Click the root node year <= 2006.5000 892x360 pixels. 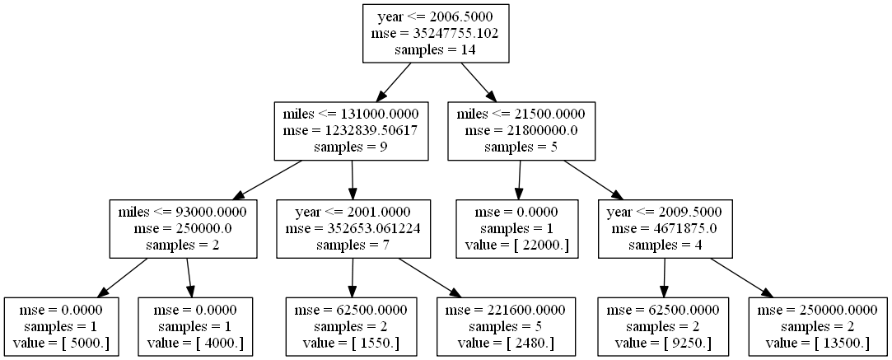tap(436, 33)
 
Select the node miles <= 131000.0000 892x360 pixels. tap(353, 130)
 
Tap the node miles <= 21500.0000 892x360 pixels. tap(521, 130)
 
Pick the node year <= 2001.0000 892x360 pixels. tap(353, 227)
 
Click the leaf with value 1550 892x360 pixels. tap(352, 325)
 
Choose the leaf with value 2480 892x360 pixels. tap(506, 325)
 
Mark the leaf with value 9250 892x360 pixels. tap(663, 325)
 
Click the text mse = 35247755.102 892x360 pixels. tap(436, 34)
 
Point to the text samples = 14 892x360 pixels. tap(436, 49)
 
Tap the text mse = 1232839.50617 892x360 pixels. tap(353, 130)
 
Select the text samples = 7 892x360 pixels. tap(353, 244)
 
